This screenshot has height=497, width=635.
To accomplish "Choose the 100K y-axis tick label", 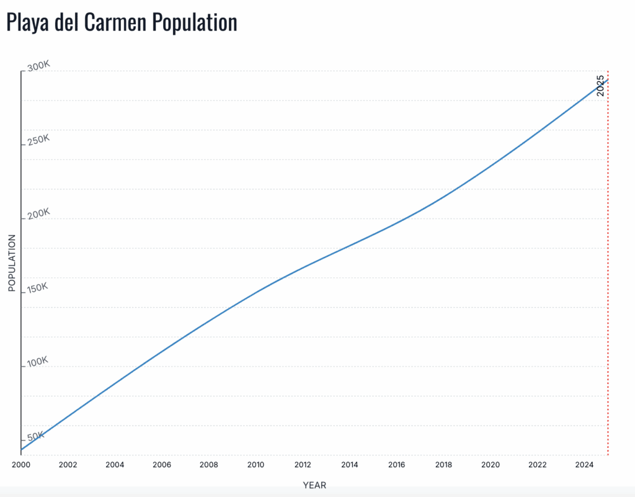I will [x=38, y=362].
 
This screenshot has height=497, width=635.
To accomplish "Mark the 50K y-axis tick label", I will [x=36, y=436].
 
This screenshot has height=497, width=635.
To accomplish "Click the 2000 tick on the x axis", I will [x=21, y=465].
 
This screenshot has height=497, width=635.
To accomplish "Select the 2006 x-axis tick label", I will [x=162, y=465].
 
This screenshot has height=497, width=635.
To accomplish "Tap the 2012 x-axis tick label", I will [x=303, y=465].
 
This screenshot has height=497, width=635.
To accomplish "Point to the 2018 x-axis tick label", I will [x=443, y=465].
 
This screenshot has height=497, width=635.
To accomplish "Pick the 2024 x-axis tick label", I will [x=584, y=465].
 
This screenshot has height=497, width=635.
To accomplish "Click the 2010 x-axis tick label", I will [x=255, y=465].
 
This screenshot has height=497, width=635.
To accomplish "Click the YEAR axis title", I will [x=314, y=485].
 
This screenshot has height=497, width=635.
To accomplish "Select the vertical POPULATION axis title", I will [x=12, y=262].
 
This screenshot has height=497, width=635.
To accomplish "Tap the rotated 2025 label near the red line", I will [x=600, y=86].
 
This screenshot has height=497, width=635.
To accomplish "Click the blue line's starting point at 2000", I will [x=22, y=449].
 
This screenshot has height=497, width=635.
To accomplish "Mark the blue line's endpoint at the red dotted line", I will [x=607, y=79].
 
